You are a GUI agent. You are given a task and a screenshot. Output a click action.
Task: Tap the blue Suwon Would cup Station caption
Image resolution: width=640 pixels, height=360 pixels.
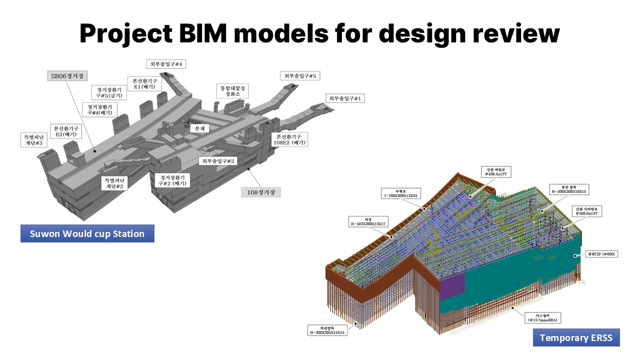click(87, 233)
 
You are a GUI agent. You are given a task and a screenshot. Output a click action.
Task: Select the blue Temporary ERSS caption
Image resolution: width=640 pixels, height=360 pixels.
click(576, 337)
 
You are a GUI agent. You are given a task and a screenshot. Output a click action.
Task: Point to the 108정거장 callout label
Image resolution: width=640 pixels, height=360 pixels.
click(260, 191)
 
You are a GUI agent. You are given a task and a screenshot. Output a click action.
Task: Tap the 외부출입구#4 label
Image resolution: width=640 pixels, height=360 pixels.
click(166, 64)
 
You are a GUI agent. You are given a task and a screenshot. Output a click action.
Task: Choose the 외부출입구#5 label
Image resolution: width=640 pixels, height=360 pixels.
click(299, 76)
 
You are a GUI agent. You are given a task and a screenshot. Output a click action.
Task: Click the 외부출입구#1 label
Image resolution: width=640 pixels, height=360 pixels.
click(345, 98)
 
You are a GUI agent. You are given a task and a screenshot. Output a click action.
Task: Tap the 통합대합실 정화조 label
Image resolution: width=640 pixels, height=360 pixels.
click(234, 90)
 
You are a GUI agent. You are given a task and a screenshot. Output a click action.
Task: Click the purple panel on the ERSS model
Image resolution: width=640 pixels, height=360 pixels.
click(452, 286)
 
